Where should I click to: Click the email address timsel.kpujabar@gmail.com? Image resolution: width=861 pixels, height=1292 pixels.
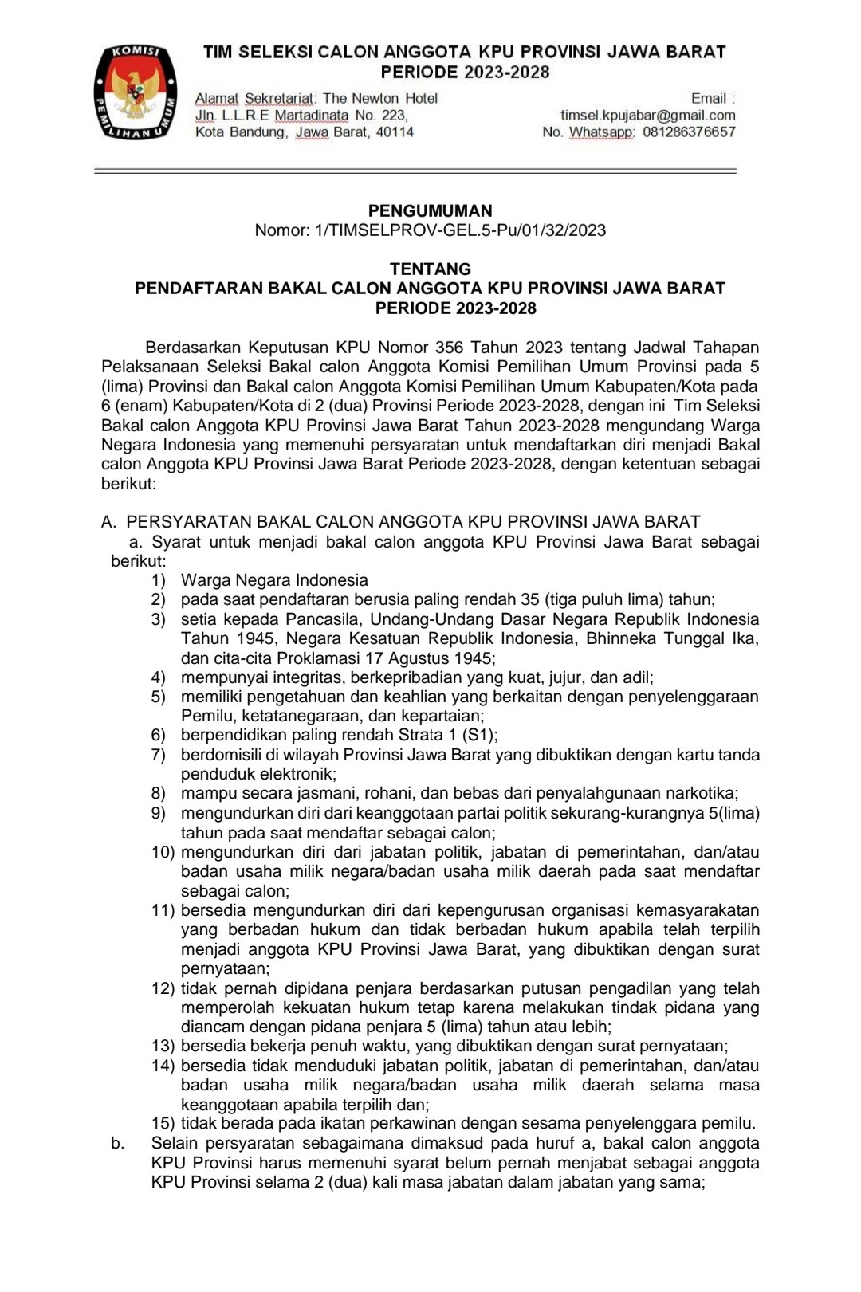pyautogui.click(x=647, y=116)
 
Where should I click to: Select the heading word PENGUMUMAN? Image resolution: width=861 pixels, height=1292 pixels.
pyautogui.click(x=431, y=211)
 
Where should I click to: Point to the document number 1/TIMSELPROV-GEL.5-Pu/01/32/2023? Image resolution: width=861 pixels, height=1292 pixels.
pyautogui.click(x=461, y=231)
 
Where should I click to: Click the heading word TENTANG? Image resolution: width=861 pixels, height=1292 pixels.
pyautogui.click(x=431, y=269)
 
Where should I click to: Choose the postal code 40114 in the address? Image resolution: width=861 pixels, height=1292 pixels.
pyautogui.click(x=395, y=132)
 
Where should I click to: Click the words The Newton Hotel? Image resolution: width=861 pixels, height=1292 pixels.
pyautogui.click(x=380, y=99)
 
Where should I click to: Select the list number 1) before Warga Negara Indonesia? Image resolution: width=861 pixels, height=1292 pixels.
pyautogui.click(x=159, y=581)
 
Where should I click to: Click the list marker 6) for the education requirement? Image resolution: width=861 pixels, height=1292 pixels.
pyautogui.click(x=159, y=736)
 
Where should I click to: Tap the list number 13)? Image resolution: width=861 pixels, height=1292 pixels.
pyautogui.click(x=163, y=1047)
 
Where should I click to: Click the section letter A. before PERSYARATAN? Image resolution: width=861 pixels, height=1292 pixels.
pyautogui.click(x=109, y=523)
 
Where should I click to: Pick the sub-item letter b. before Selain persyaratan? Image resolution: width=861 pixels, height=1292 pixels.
pyautogui.click(x=118, y=1144)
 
